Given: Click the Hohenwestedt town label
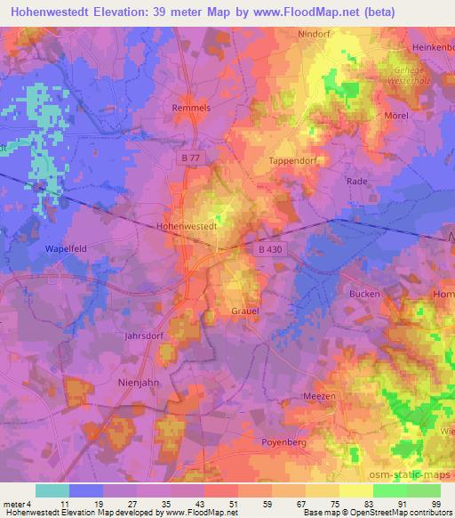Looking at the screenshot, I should pyautogui.click(x=188, y=226).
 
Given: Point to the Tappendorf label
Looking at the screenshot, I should pyautogui.click(x=291, y=161).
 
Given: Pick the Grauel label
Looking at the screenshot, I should pyautogui.click(x=245, y=312).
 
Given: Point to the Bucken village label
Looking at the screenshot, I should pyautogui.click(x=364, y=294).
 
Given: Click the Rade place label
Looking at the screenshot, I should pyautogui.click(x=356, y=180).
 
